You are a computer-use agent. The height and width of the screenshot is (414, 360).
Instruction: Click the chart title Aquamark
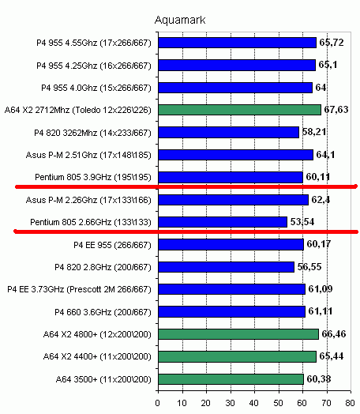pyautogui.click(x=180, y=20)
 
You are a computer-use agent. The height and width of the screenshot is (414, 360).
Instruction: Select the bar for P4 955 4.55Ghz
pyautogui.click(x=238, y=43)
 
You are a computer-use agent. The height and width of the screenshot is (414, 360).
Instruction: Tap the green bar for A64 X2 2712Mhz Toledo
pyautogui.click(x=240, y=110)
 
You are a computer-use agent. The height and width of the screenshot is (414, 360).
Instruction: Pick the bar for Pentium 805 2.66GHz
pyautogui.click(x=223, y=222)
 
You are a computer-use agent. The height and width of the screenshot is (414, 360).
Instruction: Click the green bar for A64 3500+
pyautogui.click(x=231, y=379)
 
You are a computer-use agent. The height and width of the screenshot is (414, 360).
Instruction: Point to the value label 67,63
pyautogui.click(x=336, y=110)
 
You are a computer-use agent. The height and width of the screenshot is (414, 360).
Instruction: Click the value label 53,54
pyautogui.click(x=302, y=222)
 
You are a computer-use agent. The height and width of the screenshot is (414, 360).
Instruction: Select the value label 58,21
pyautogui.click(x=314, y=132)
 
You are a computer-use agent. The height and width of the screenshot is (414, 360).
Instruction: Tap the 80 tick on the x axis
pyautogui.click(x=350, y=403)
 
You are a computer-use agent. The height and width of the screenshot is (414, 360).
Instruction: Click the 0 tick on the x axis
pyautogui.click(x=158, y=403)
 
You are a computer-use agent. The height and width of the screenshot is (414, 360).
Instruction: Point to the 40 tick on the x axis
pyautogui.click(x=253, y=403)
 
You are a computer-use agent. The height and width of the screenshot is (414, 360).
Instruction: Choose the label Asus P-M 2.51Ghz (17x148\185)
pyautogui.click(x=88, y=155)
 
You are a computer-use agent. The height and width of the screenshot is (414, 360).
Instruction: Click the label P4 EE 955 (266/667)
pyautogui.click(x=112, y=245)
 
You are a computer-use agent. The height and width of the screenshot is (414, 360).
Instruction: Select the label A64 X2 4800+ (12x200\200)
pyautogui.click(x=97, y=334)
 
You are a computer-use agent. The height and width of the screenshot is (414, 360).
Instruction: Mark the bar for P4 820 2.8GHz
pyautogui.click(x=227, y=267)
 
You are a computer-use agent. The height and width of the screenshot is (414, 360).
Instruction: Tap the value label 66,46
pyautogui.click(x=334, y=334)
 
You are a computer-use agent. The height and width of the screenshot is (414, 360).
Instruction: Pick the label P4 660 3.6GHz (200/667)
pyautogui.click(x=103, y=312)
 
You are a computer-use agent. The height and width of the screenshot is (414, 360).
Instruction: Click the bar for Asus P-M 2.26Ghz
pyautogui.click(x=234, y=200)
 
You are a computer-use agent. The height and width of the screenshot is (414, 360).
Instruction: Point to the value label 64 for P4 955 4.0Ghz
pyautogui.click(x=321, y=88)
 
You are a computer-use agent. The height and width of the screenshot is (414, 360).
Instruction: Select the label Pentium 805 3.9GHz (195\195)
pyautogui.click(x=93, y=177)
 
